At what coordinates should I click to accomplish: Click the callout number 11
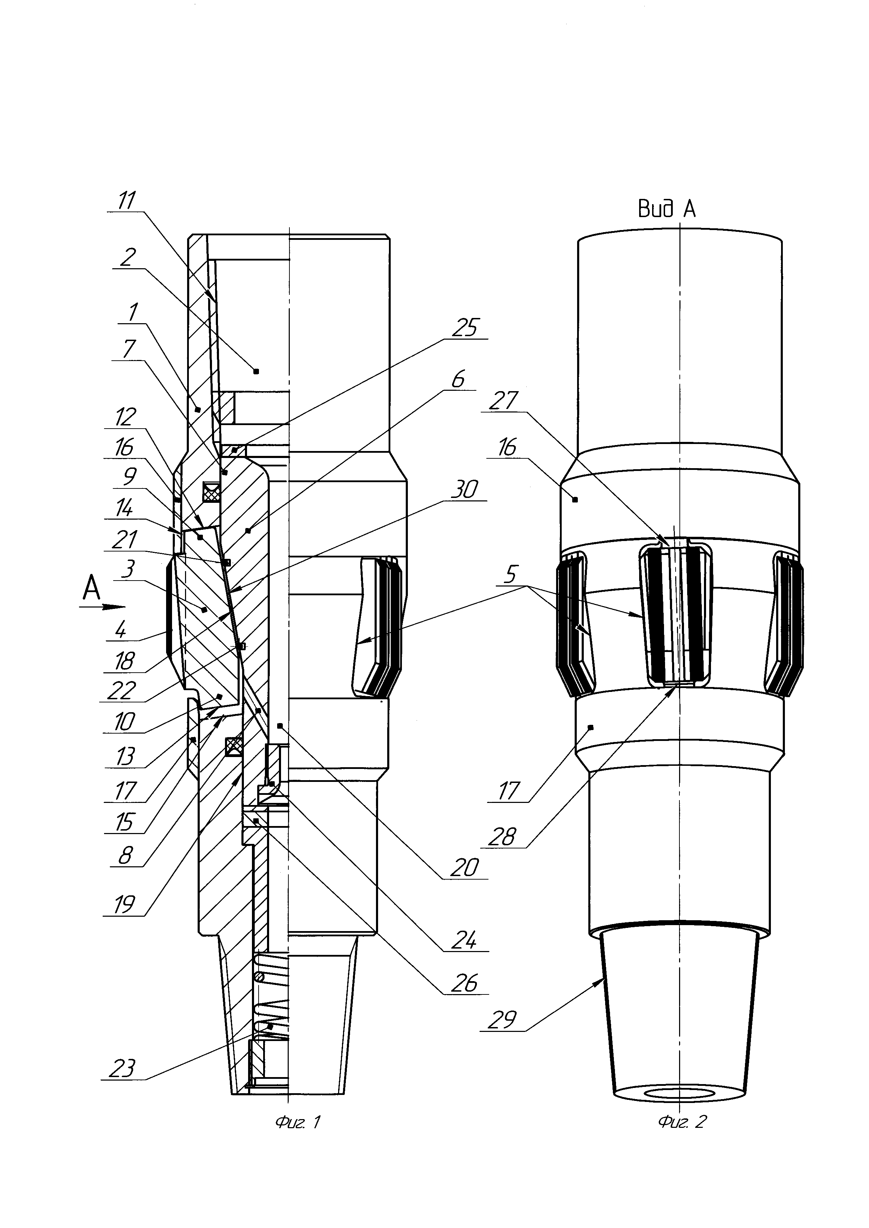point(126,201)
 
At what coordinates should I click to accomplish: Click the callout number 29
point(502,1020)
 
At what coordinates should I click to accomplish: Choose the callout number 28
point(502,837)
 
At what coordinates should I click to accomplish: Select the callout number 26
point(464,983)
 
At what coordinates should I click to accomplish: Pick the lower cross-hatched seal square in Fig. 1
point(234,747)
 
